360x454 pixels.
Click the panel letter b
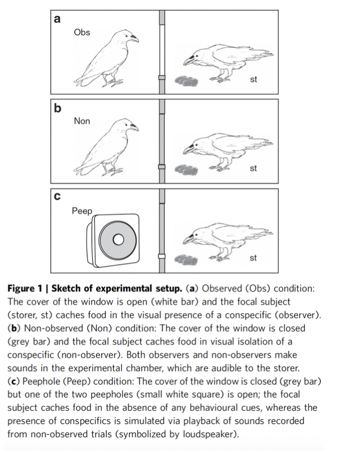click(x=57, y=108)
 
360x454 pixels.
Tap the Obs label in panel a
click(x=82, y=32)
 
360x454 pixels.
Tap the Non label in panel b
click(x=82, y=121)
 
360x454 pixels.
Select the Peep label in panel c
click(x=82, y=211)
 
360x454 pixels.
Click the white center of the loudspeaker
click(x=118, y=240)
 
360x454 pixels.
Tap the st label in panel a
click(x=254, y=80)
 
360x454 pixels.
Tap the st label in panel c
click(x=254, y=258)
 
